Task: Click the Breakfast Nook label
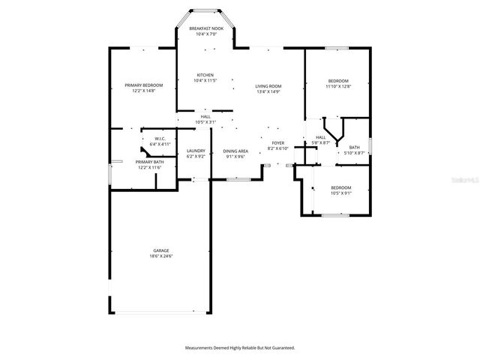(205, 28)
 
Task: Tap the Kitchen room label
(205, 75)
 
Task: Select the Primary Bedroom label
(143, 85)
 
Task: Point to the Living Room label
(268, 86)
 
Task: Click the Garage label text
(161, 250)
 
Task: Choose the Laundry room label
(196, 151)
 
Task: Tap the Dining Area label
(236, 151)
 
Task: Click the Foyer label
(277, 142)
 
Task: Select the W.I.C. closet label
(160, 138)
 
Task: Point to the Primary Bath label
(149, 162)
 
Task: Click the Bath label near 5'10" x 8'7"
(354, 147)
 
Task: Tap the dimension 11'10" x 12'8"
(339, 86)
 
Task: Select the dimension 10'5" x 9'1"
(341, 193)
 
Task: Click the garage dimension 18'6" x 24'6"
(161, 256)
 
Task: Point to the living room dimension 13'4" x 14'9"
(268, 92)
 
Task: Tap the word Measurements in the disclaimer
(202, 348)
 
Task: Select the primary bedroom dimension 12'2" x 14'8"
(143, 91)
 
